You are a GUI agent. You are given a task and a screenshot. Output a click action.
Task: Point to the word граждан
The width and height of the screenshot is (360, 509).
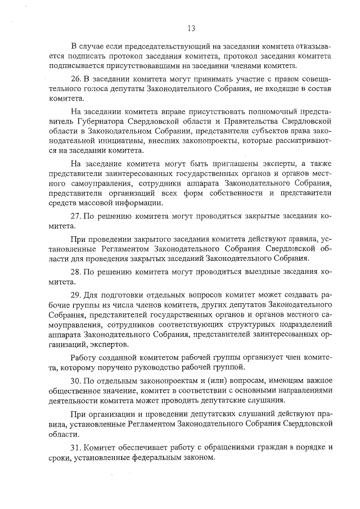click(x=252, y=447)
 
